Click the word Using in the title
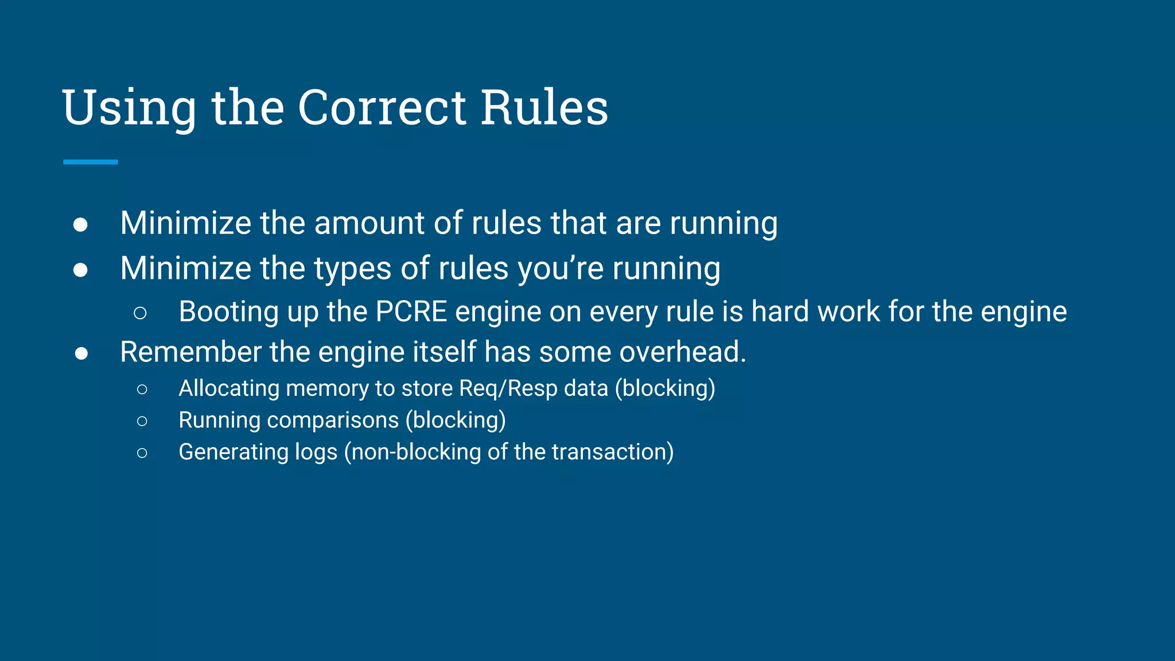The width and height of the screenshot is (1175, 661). pos(129,109)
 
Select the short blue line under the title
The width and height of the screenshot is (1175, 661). pos(90,162)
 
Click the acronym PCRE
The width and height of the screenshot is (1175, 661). pos(411,312)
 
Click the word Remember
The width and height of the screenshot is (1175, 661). pos(190,352)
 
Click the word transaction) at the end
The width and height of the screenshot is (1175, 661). pos(612,452)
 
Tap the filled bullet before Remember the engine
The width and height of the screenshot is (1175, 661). pos(81,353)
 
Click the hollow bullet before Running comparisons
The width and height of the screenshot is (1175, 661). pos(142,421)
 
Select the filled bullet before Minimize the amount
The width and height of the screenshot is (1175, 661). pos(80,224)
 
